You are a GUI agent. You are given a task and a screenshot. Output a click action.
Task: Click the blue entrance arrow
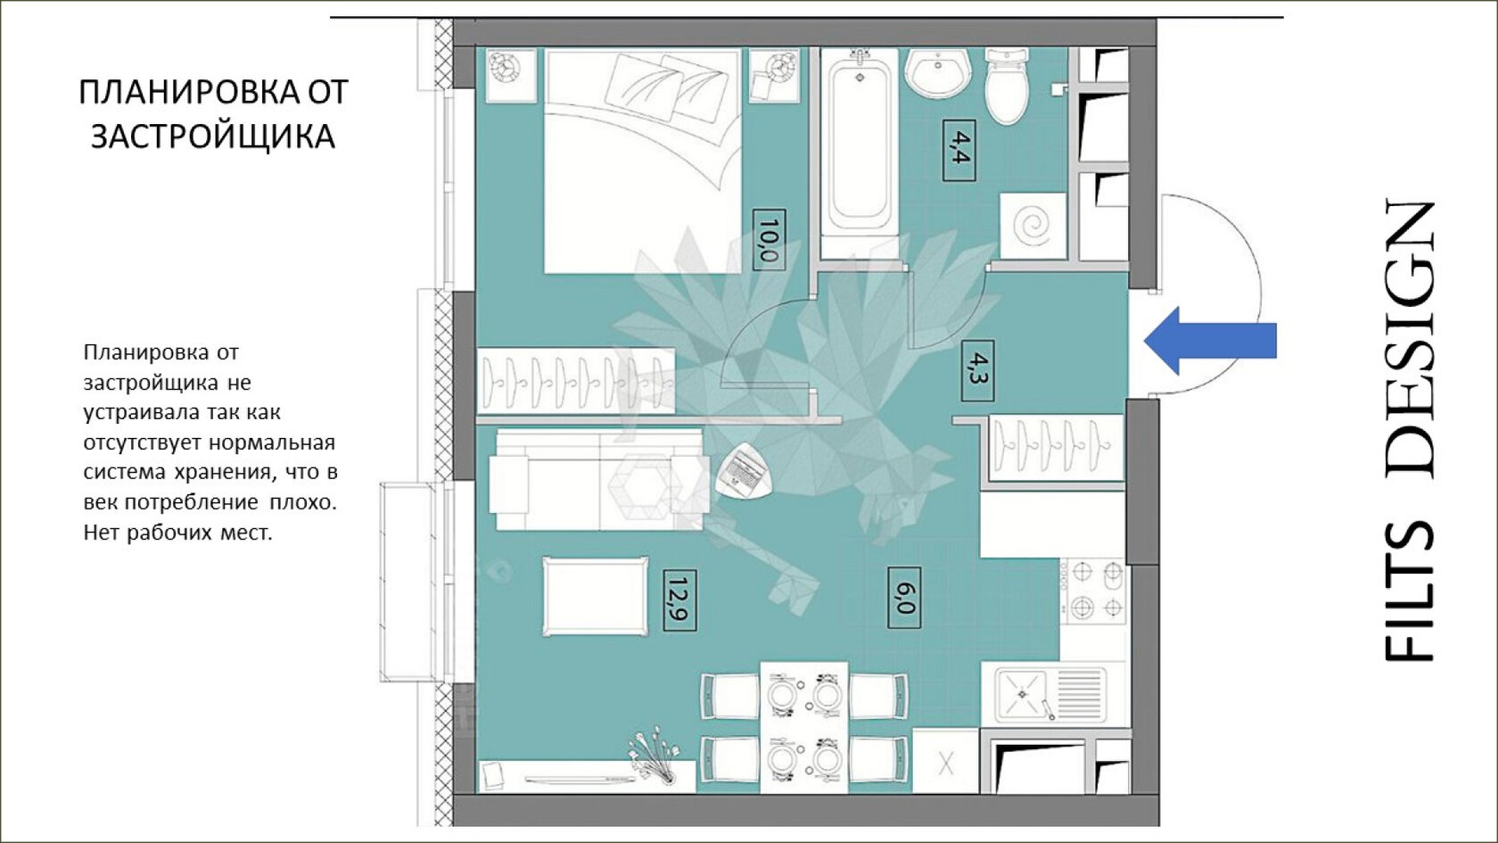pos(1211,341)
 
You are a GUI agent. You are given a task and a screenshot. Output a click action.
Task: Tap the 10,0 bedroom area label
pos(769,240)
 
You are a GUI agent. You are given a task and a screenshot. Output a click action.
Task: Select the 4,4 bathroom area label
pos(959,151)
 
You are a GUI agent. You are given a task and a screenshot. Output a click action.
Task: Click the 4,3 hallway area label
pos(977,371)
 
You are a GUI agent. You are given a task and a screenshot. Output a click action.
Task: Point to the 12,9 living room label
pos(679,600)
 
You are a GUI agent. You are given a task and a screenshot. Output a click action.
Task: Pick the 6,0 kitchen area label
pos(904,598)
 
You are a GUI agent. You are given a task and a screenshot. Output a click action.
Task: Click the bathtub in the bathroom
pos(860,153)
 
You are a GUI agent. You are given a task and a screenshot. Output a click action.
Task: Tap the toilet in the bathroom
pos(1008,85)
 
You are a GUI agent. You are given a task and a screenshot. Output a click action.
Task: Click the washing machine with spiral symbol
pos(1033,226)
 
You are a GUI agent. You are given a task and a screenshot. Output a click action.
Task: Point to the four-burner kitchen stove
pos(1093,591)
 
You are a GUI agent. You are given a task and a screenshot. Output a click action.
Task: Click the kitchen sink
pos(1051,694)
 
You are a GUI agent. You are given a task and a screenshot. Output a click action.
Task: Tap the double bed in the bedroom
pos(643,161)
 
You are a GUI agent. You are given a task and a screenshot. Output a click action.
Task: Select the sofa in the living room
pos(599,480)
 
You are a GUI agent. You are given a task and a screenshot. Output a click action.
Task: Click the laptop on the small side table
pos(745,469)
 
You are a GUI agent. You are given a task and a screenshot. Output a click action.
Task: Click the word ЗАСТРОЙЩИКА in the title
pos(212,136)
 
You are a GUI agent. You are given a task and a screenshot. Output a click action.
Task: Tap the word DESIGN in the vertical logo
pos(1410,339)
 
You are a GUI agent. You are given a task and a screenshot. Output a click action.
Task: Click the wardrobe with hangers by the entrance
pos(1057,447)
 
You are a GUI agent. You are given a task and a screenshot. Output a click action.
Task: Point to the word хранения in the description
pos(222,472)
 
